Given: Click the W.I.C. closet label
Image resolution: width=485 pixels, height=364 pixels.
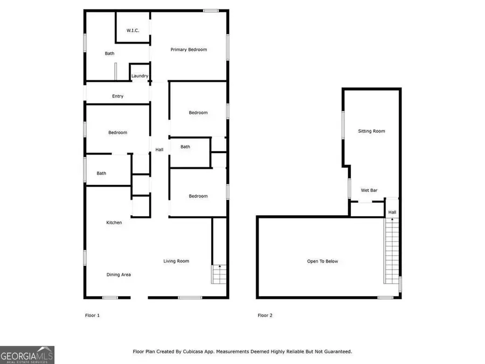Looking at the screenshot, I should click(133, 30).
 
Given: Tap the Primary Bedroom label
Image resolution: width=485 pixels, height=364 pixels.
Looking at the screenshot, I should click(189, 50).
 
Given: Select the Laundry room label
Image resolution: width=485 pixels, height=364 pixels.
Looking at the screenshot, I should click(140, 76).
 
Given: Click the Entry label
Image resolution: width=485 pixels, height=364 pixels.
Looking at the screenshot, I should click(117, 97).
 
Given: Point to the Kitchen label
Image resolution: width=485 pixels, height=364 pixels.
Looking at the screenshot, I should click(114, 223).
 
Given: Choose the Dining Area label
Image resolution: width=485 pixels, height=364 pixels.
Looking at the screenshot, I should click(119, 274).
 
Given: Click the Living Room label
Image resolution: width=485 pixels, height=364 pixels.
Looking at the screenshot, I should click(176, 261).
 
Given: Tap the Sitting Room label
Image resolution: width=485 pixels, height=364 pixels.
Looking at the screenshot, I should click(372, 131).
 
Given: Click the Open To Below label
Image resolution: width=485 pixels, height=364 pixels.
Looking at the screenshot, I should click(323, 262).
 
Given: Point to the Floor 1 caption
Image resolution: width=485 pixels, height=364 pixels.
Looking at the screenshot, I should click(93, 315).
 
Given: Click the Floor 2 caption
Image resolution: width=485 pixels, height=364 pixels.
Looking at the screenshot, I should click(265, 315).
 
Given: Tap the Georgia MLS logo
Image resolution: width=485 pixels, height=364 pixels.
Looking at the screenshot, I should click(27, 355).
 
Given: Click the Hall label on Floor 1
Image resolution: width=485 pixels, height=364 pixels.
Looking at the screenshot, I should click(160, 149).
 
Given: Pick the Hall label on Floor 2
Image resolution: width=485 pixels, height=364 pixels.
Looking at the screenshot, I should click(392, 212).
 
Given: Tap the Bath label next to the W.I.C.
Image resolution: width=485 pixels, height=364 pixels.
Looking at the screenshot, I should click(109, 53).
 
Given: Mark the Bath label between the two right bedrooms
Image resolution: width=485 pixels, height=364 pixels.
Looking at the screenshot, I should click(185, 147).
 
